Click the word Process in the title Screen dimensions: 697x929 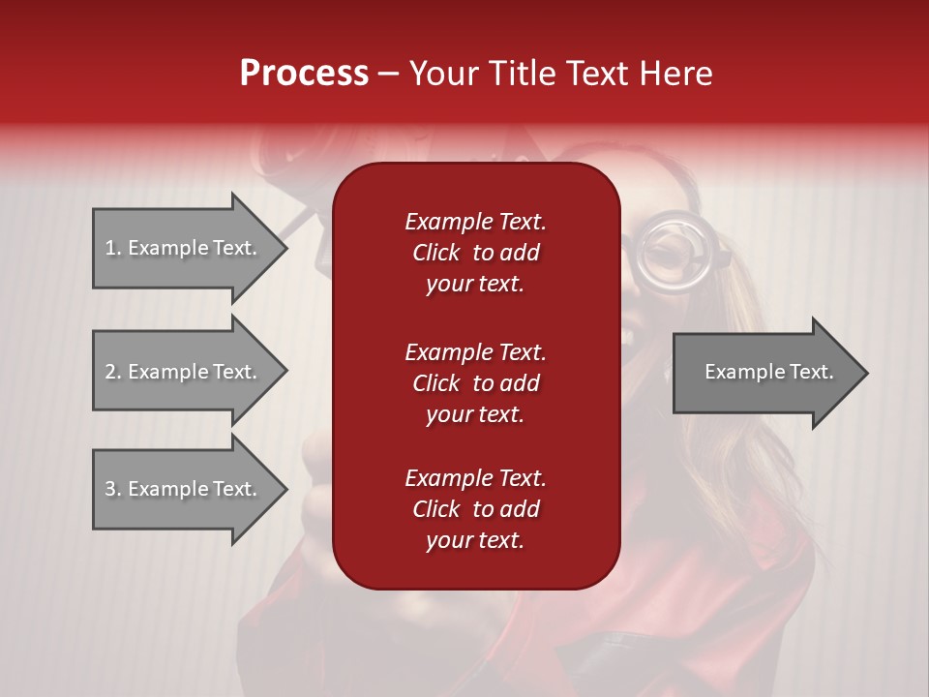coord(304,74)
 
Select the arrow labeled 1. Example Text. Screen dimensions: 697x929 coord(184,248)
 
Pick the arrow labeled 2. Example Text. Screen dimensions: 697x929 coord(184,372)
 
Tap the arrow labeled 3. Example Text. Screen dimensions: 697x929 coord(184,489)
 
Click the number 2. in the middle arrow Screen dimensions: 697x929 coord(113,372)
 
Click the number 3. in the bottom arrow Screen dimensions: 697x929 coord(113,489)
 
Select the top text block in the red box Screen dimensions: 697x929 coord(475,253)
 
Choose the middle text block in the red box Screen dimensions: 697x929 coord(475,383)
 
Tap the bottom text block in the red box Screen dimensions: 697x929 coord(475,509)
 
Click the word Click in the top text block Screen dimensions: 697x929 coord(435,253)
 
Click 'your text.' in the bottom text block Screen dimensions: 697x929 coord(475,540)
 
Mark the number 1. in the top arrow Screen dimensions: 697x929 coord(113,248)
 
